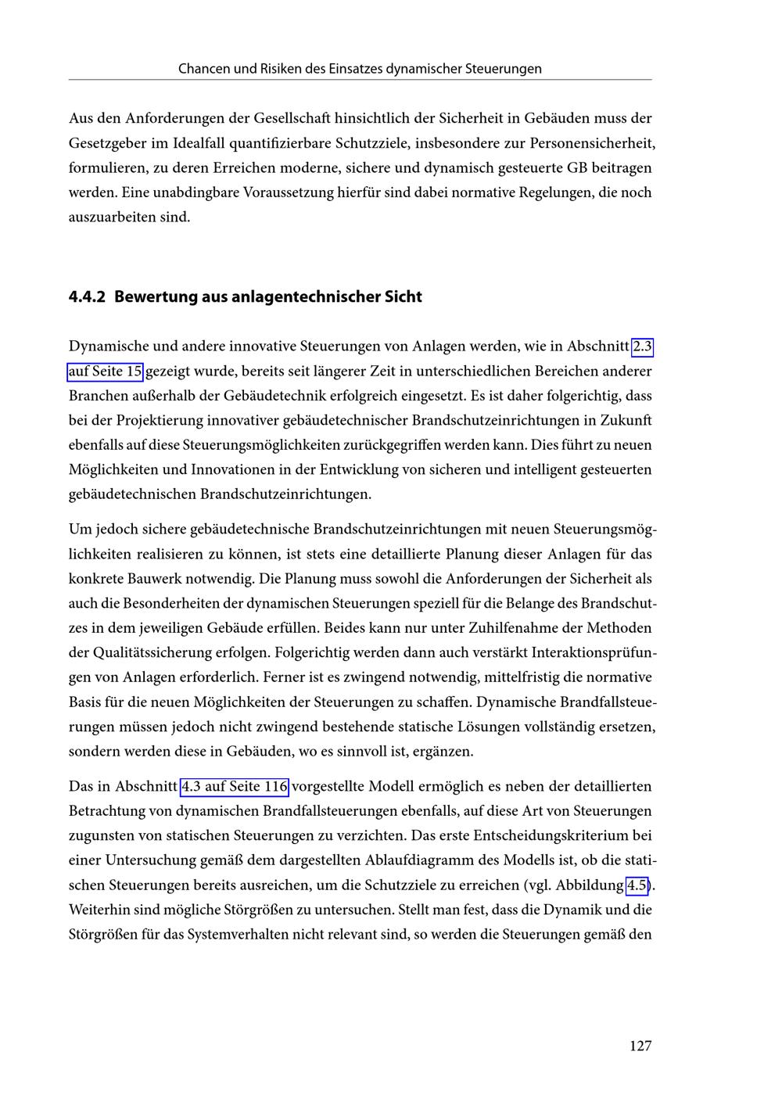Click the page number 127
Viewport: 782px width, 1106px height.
pyautogui.click(x=640, y=1046)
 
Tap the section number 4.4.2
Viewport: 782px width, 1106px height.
pyautogui.click(x=88, y=297)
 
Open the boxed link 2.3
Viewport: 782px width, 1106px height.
pyautogui.click(x=642, y=346)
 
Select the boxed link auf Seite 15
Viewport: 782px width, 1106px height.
pyautogui.click(x=106, y=371)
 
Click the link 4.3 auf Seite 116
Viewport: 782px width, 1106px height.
pyautogui.click(x=235, y=786)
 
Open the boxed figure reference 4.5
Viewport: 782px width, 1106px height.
pyautogui.click(x=637, y=885)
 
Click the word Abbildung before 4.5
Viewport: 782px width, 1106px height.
pyautogui.click(x=586, y=885)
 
